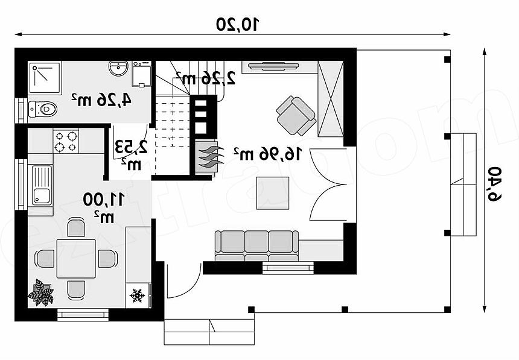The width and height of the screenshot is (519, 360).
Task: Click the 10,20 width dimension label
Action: (x=237, y=24)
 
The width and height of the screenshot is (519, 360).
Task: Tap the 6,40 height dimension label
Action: (x=494, y=184)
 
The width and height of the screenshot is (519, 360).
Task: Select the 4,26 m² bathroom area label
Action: (x=101, y=99)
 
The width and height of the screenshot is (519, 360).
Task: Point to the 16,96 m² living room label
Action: (x=268, y=154)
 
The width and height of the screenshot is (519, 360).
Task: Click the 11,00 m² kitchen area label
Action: (x=104, y=208)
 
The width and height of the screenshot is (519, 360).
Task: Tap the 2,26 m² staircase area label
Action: (x=205, y=78)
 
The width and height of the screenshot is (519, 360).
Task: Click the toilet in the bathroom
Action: (x=43, y=109)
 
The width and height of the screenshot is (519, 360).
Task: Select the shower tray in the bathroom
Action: (x=45, y=78)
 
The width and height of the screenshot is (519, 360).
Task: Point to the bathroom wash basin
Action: (x=118, y=68)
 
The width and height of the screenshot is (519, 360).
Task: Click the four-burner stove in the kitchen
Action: (x=66, y=141)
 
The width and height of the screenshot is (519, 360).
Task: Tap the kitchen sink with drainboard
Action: (x=42, y=185)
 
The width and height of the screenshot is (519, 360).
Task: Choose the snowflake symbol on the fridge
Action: (x=137, y=295)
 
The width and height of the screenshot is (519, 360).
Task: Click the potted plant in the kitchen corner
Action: (x=40, y=292)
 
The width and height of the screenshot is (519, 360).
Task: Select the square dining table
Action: (x=76, y=259)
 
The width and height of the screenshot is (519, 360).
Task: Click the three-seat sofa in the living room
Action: (x=256, y=246)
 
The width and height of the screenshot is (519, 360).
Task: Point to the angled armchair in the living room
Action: (x=296, y=116)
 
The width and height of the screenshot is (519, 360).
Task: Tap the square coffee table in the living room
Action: (x=273, y=193)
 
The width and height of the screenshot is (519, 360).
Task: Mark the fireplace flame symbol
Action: (x=208, y=156)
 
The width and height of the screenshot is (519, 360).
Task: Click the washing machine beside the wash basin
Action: (x=142, y=74)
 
